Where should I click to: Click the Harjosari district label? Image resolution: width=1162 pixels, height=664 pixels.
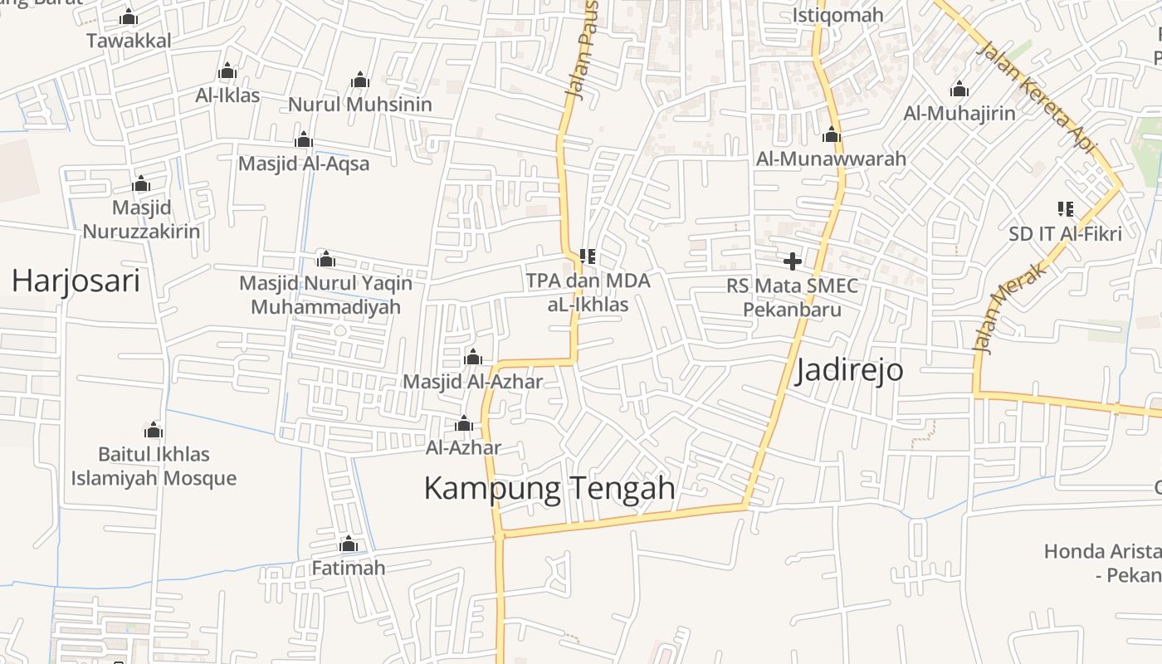(76, 281)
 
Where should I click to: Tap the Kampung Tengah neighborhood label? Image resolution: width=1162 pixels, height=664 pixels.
(549, 488)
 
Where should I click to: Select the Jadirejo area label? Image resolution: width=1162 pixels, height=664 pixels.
(849, 370)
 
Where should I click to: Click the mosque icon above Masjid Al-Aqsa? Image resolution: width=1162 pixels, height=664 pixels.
(304, 139)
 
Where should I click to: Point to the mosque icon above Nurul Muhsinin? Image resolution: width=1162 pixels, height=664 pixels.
(359, 81)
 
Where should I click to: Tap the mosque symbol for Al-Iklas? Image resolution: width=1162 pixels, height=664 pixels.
(227, 71)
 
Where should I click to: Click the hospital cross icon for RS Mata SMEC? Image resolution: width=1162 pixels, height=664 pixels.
(793, 261)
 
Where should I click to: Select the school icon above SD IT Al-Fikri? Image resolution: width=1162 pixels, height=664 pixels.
(1065, 209)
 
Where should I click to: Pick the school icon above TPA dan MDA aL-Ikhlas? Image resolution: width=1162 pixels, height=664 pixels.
(588, 256)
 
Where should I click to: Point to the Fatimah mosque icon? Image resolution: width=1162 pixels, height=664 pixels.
(349, 544)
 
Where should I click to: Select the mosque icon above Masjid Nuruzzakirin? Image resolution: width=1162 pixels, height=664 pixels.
(141, 183)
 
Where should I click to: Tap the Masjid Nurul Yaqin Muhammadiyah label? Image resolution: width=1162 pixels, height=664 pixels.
(325, 295)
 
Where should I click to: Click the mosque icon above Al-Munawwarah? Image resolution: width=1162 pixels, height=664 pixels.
(831, 134)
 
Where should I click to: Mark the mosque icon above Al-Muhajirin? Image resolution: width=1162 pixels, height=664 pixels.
(959, 89)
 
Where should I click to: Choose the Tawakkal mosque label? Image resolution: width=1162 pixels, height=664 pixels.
(129, 41)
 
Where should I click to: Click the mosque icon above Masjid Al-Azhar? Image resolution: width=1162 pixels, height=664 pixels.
(473, 358)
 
